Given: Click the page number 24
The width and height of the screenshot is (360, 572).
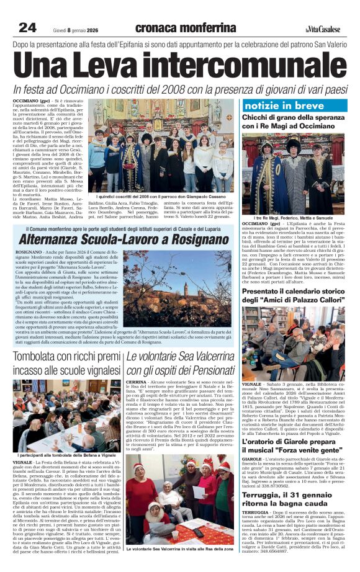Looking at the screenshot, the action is pos(27,27).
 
